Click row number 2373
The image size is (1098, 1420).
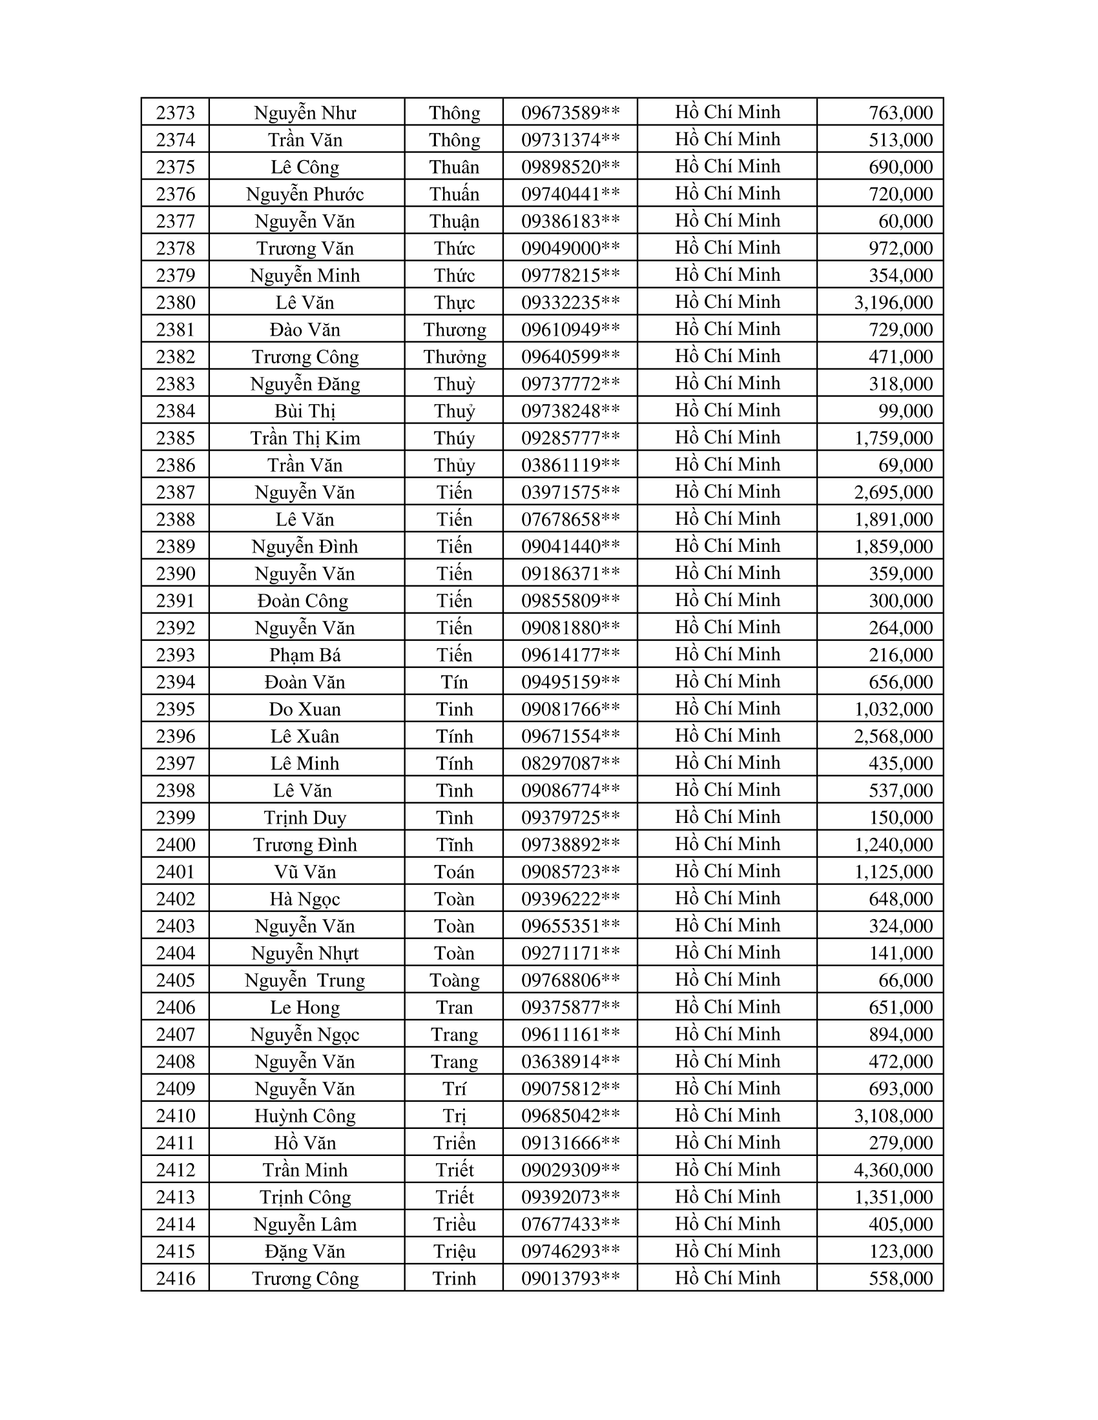176,112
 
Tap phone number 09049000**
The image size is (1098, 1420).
570,249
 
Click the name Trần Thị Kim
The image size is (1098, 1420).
305,438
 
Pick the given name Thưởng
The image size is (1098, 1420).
455,357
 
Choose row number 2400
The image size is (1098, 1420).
176,845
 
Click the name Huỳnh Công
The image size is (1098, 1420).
305,1116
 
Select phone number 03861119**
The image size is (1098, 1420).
570,465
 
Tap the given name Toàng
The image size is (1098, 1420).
455,980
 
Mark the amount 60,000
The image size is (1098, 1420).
906,221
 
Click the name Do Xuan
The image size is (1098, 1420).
305,709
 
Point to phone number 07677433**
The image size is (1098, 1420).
570,1224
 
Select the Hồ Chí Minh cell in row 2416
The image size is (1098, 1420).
727,1278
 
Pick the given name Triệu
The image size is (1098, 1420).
455,1251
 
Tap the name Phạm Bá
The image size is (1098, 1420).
305,654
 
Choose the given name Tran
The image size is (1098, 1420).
455,1007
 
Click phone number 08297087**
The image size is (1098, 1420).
570,764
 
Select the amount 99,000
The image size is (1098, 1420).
906,411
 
